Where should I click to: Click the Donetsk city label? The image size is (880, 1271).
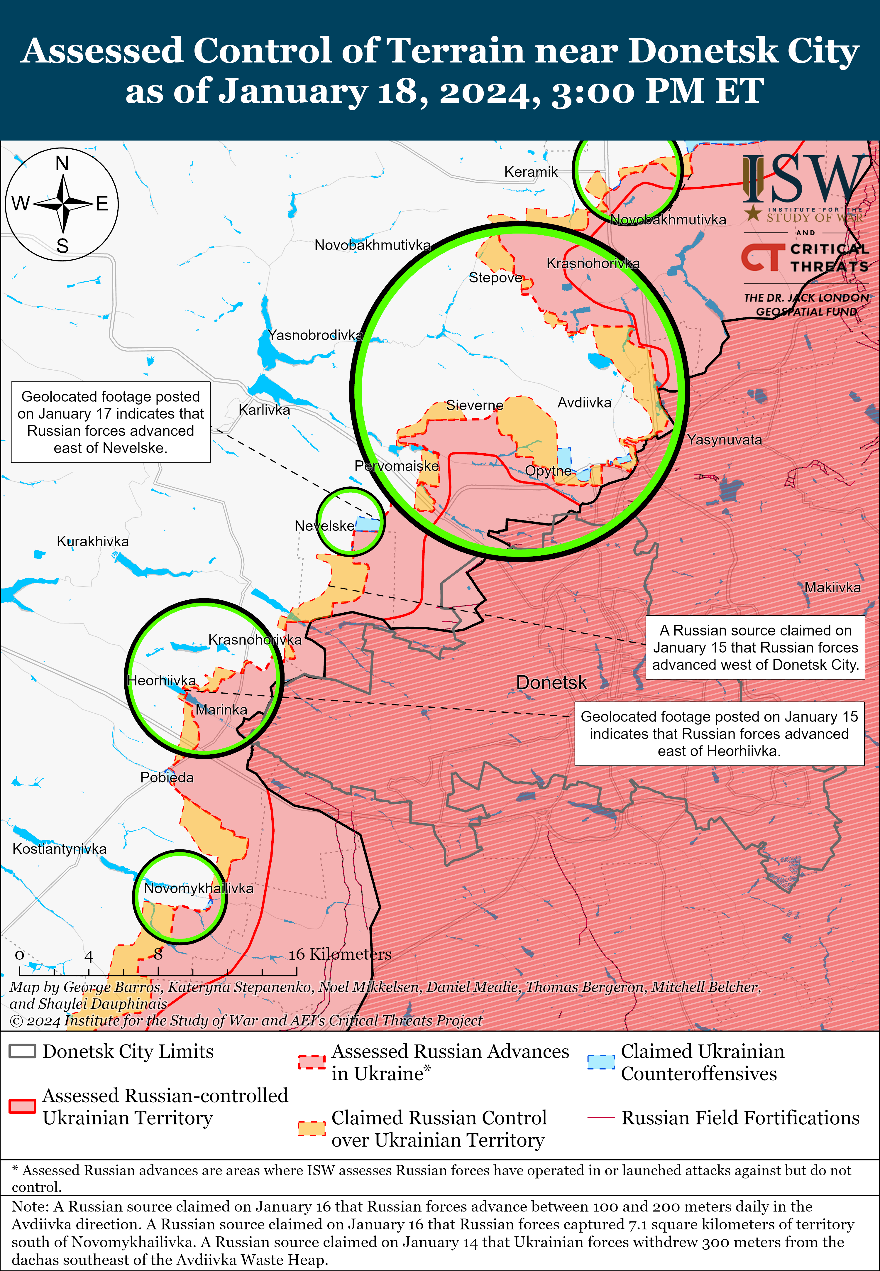pos(551,683)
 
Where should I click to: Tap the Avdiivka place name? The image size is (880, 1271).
pos(584,403)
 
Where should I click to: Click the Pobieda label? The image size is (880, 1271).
pos(167,778)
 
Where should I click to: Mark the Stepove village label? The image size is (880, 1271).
pos(495,277)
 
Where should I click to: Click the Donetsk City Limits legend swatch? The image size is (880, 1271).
pos(23,1051)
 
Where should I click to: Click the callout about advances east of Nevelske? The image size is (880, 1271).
pos(110,422)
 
